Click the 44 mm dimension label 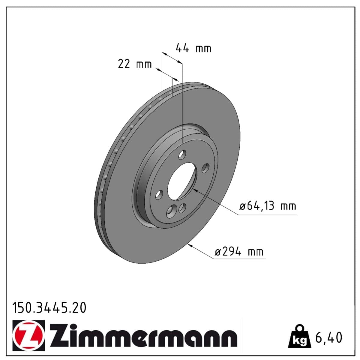click(193, 48)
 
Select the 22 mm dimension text click(135, 64)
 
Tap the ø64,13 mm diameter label click(268, 206)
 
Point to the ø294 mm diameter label click(239, 252)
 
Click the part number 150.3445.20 click(49, 308)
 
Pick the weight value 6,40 click(329, 337)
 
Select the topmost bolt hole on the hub click(182, 155)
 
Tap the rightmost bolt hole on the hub click(205, 168)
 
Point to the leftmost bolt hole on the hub click(159, 195)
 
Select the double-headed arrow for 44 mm click(172, 58)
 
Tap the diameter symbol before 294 click(218, 252)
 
